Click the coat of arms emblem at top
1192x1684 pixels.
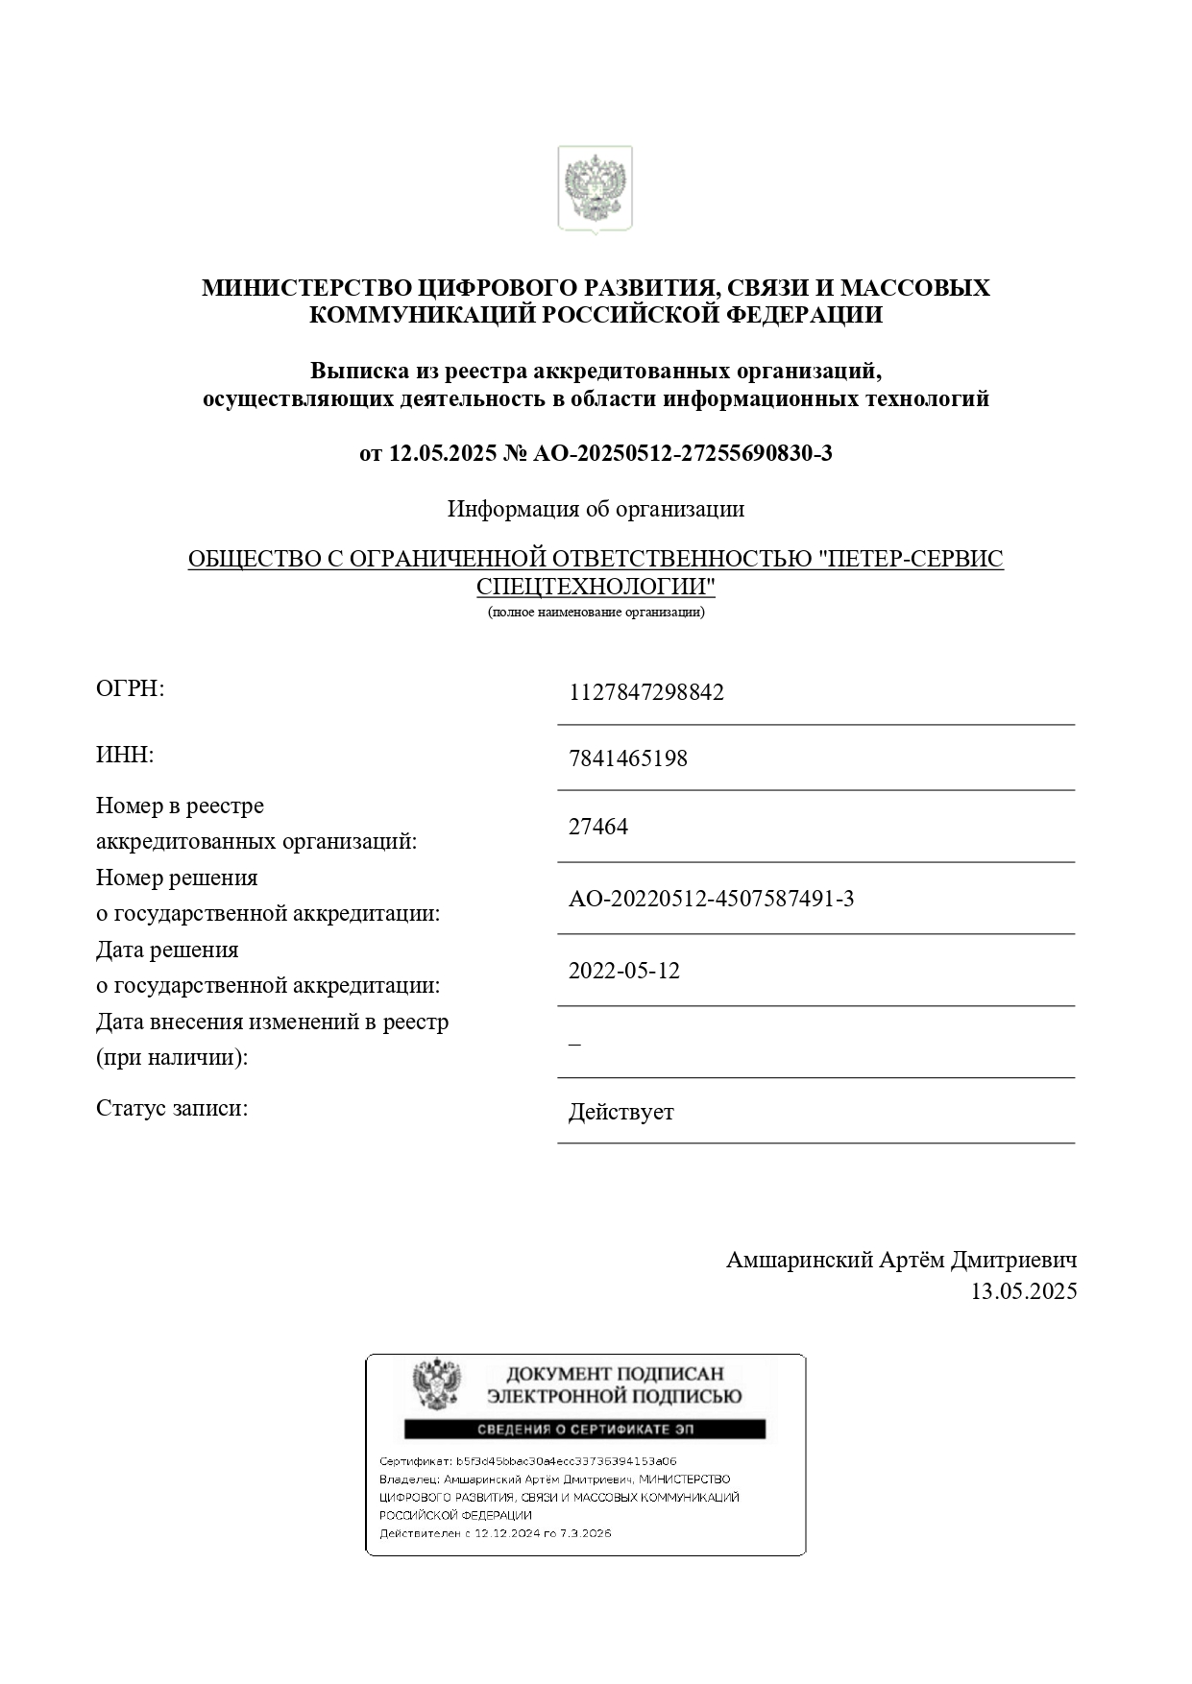595,189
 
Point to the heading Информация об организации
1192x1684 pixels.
596,509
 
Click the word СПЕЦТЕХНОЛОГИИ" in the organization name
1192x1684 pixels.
596,587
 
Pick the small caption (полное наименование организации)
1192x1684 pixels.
596,612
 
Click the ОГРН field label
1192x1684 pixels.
131,688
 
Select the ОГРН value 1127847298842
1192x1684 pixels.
645,692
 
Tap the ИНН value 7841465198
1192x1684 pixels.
627,758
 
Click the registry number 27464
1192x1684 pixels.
597,827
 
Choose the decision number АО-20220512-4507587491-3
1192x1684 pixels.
711,899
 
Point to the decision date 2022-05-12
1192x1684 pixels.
623,971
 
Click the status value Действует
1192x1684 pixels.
620,1113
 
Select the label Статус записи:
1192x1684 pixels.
172,1108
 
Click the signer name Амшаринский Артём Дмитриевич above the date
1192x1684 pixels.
901,1260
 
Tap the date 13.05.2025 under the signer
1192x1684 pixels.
1023,1291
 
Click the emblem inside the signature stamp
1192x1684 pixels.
436,1384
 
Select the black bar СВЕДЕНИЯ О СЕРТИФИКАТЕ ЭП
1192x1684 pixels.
584,1430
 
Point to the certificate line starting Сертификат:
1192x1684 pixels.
527,1460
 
